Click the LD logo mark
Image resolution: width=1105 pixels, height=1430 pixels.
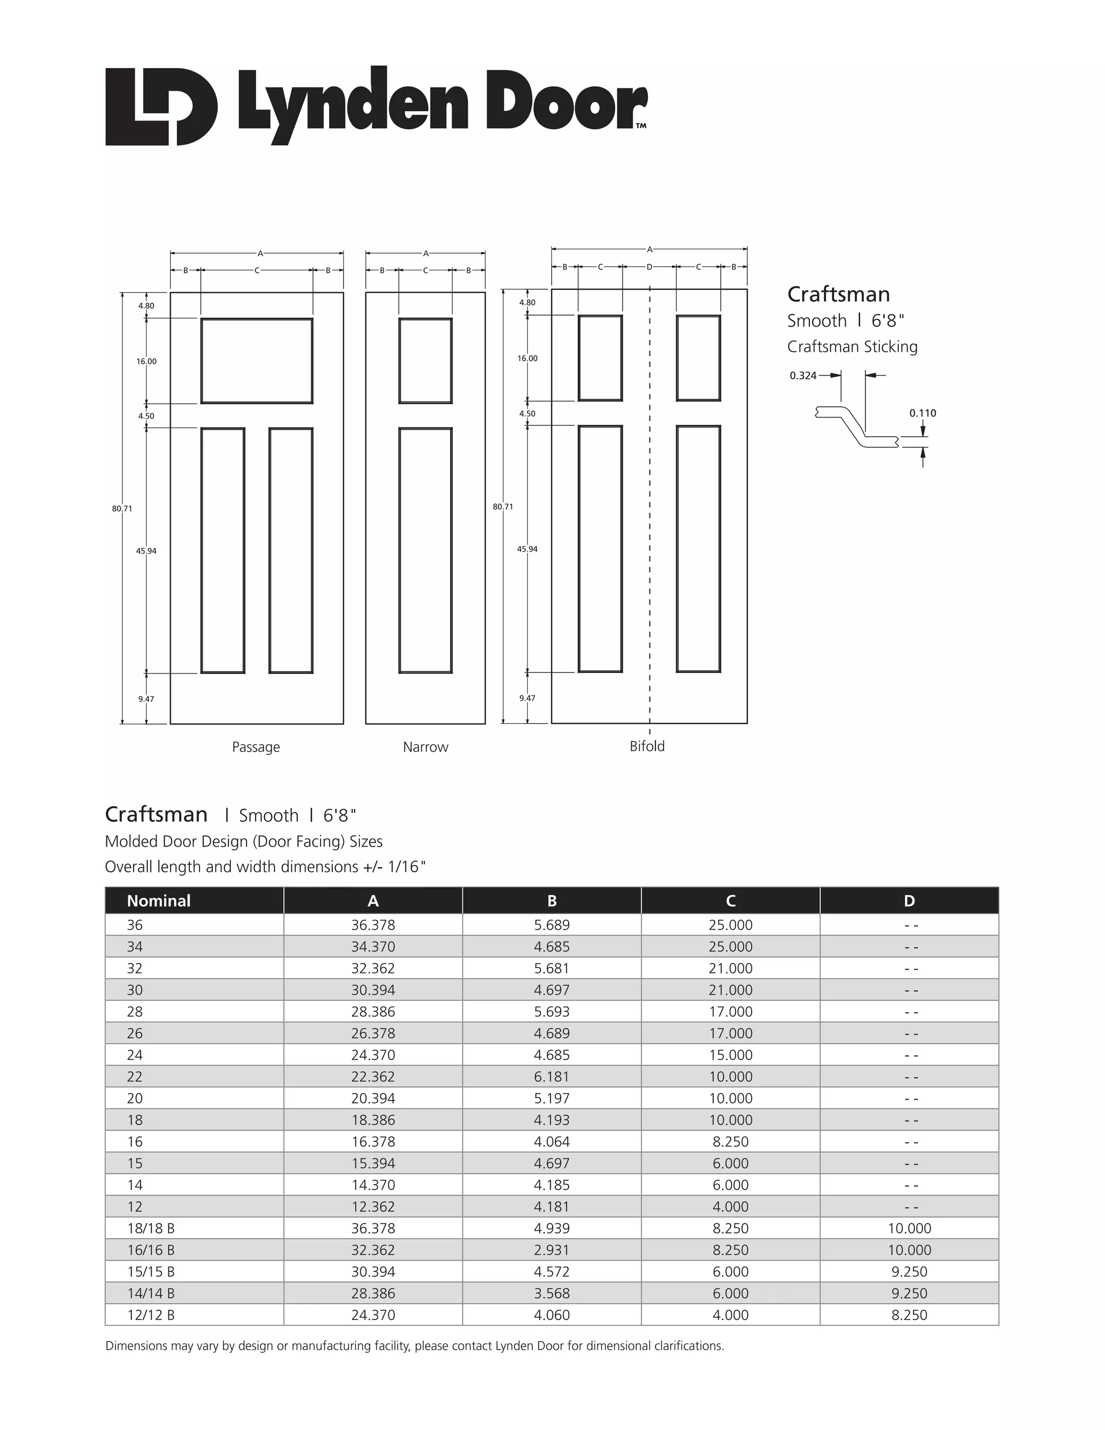click(160, 106)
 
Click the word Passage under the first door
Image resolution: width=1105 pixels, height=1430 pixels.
click(256, 747)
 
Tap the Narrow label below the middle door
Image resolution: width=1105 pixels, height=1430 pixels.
click(426, 747)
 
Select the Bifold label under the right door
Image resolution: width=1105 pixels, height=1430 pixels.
click(647, 746)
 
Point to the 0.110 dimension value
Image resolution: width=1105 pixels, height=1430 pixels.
click(922, 413)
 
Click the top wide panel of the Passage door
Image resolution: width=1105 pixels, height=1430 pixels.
click(257, 361)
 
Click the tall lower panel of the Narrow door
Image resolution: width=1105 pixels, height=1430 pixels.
click(426, 550)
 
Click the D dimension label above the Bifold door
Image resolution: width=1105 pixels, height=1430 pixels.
click(650, 267)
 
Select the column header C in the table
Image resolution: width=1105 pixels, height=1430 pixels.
click(731, 901)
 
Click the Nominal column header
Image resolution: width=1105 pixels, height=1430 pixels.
click(159, 901)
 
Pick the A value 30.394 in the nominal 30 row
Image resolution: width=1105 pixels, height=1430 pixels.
click(373, 990)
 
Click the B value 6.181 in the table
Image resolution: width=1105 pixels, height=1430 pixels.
click(552, 1077)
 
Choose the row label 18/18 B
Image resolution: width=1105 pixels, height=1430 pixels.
click(151, 1229)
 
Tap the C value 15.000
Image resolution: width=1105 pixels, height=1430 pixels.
click(731, 1056)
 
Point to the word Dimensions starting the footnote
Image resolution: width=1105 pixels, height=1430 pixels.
click(136, 1346)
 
